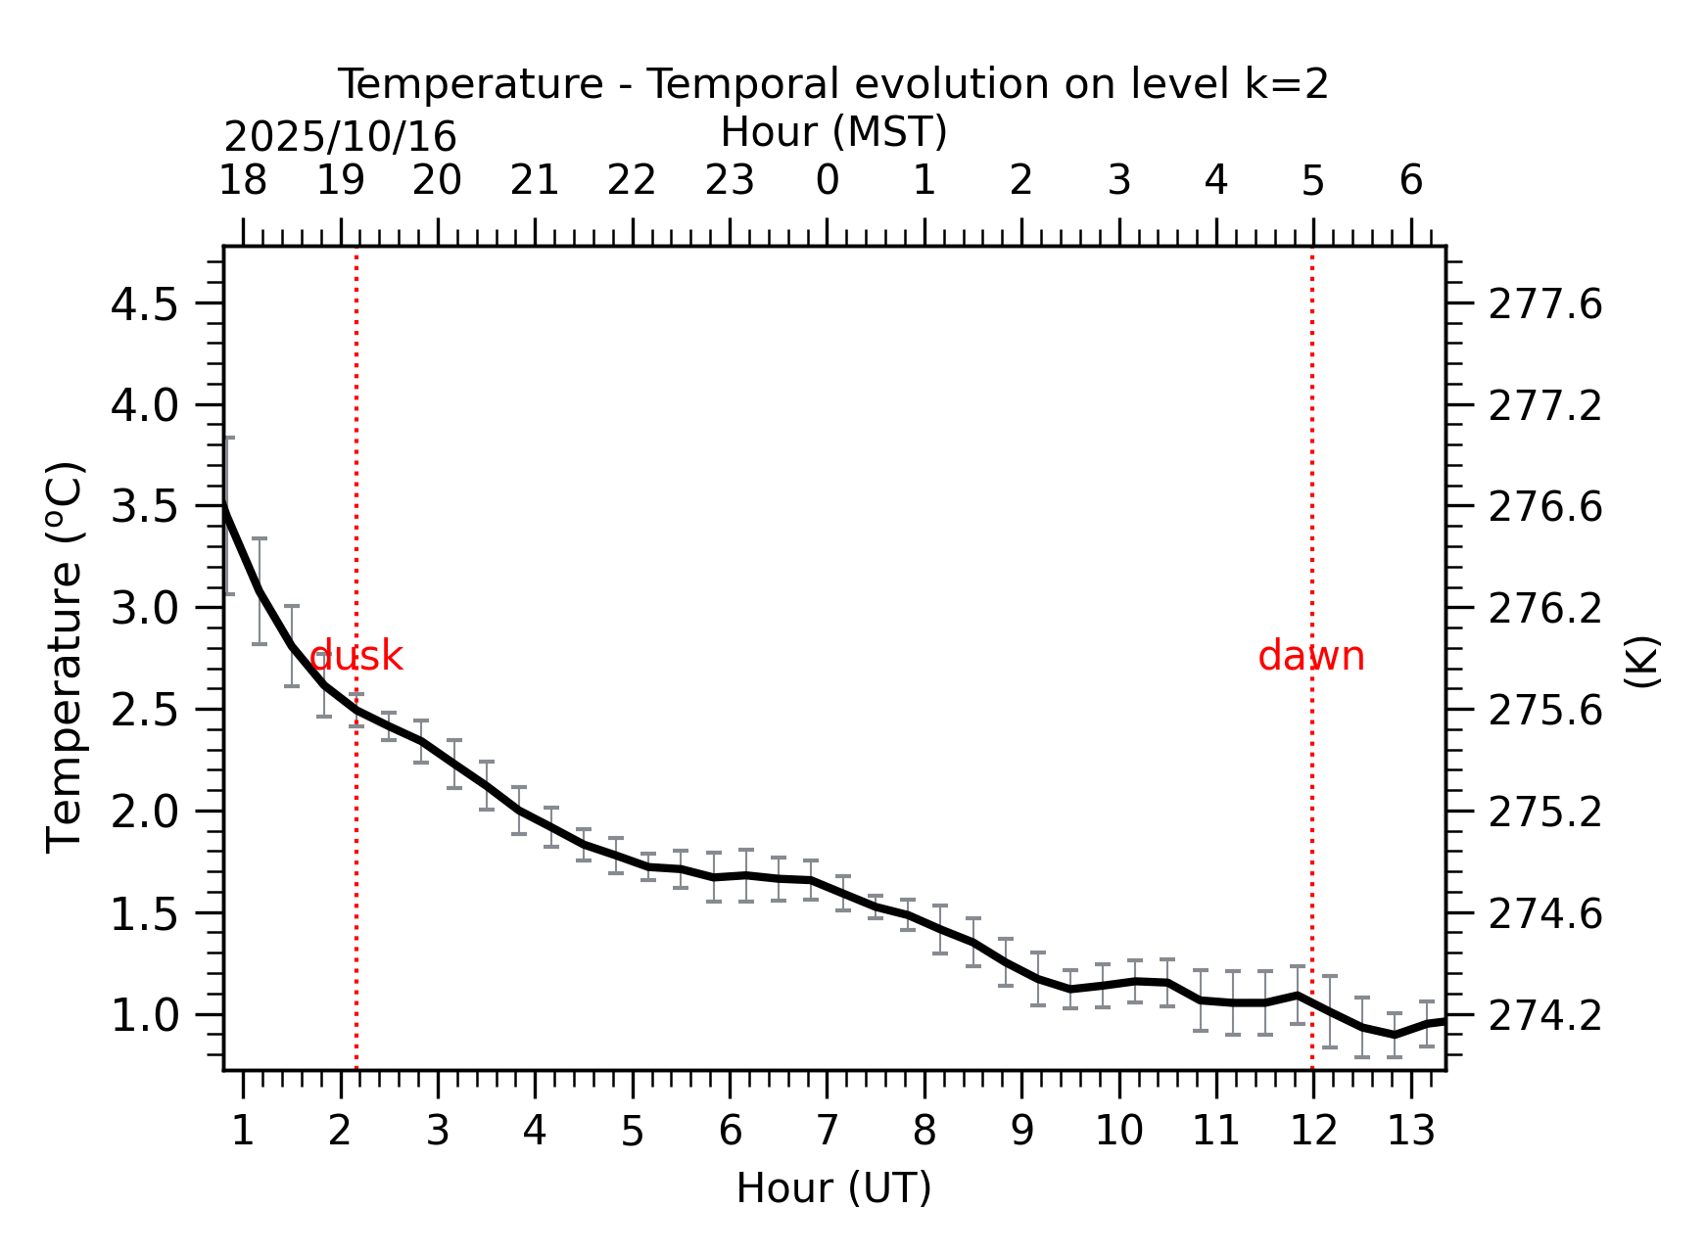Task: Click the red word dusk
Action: coord(355,656)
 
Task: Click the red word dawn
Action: coord(1311,656)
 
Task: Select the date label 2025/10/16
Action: coord(340,137)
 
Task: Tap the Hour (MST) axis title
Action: coord(833,132)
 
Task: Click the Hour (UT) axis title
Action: coord(833,1188)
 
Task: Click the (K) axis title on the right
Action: coord(1641,662)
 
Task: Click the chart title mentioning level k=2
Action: coord(833,84)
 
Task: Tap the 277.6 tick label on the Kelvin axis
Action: coord(1545,304)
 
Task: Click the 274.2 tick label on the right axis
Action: coord(1545,1017)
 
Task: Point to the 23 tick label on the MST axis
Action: coord(730,181)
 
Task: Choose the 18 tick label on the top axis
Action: coord(243,181)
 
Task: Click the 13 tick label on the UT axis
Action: coord(1411,1132)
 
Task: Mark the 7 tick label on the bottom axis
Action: coord(828,1132)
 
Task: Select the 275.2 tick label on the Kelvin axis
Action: coord(1545,813)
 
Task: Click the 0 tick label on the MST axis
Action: coord(828,181)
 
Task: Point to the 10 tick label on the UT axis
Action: coord(1119,1132)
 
